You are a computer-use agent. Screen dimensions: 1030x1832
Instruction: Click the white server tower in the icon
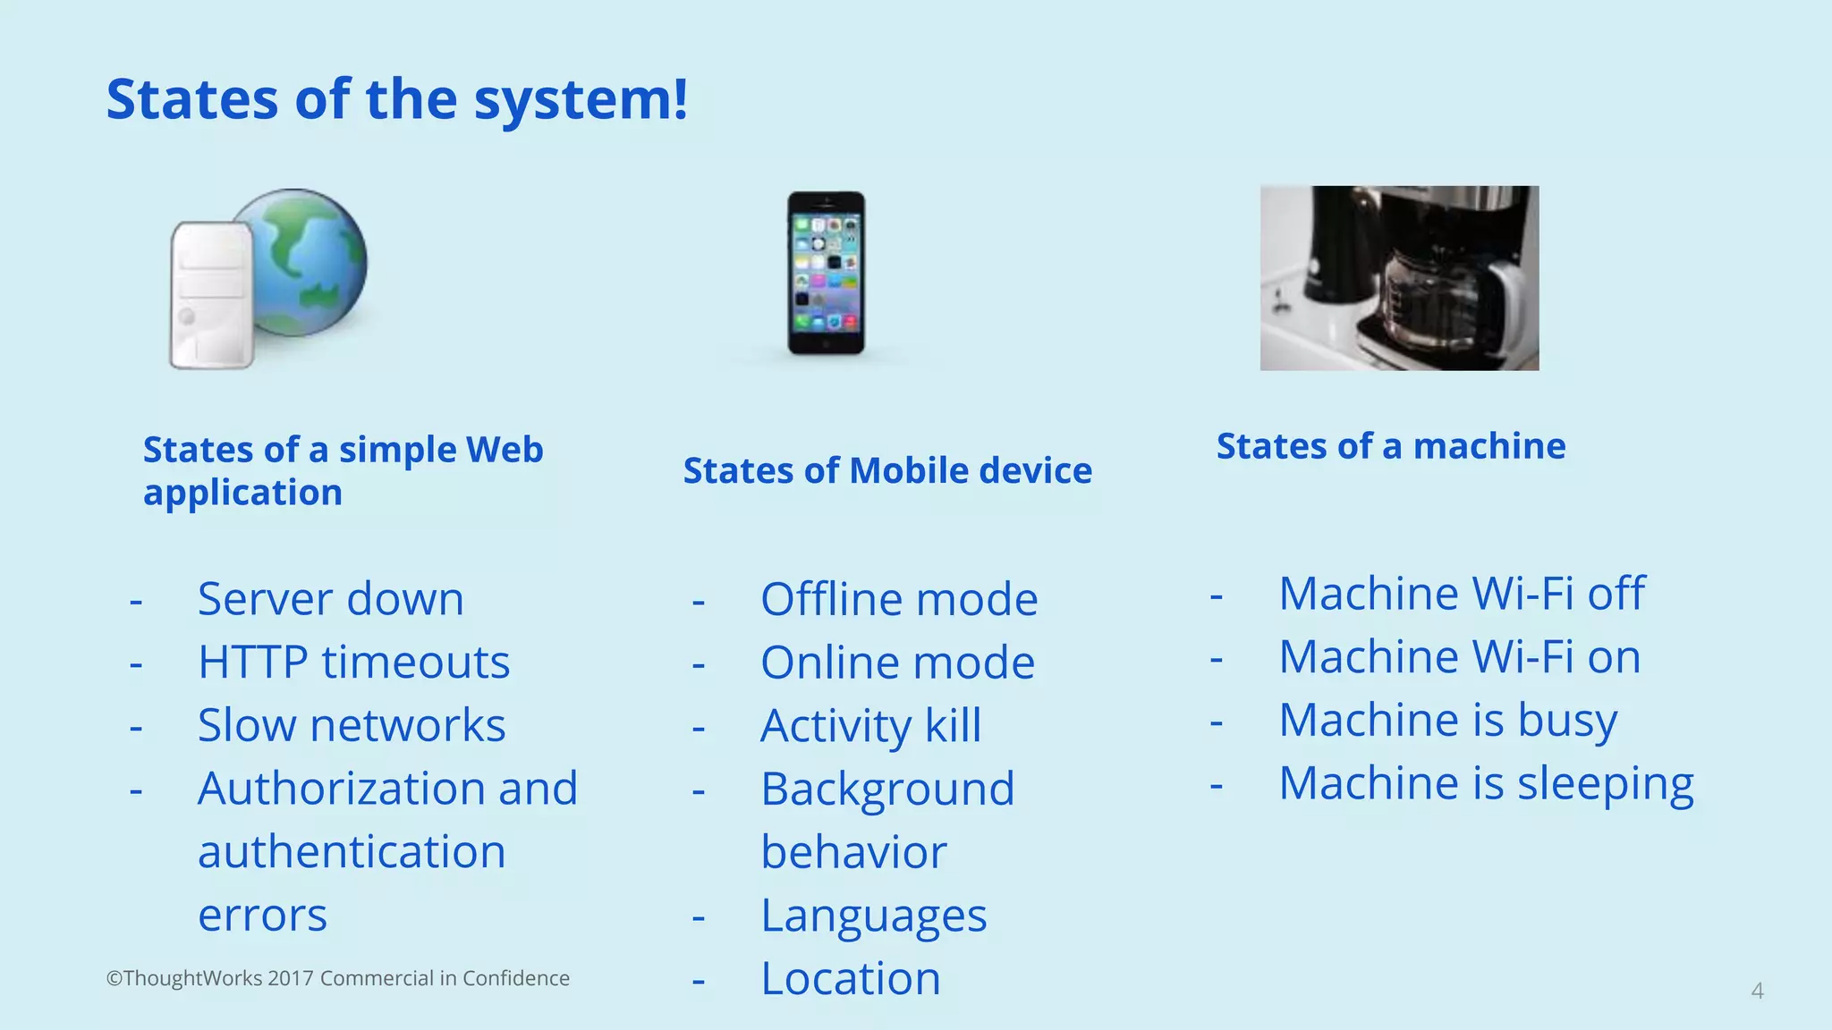(210, 295)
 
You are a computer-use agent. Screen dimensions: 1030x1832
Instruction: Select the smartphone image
(826, 273)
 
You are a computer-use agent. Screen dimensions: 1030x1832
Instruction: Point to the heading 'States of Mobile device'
(887, 470)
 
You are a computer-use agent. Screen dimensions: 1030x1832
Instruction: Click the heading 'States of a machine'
(1391, 445)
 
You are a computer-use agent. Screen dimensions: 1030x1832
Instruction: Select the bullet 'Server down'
(330, 598)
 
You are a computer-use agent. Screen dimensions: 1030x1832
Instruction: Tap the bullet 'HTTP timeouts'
(353, 662)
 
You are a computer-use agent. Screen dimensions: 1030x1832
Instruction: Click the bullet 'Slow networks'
(352, 724)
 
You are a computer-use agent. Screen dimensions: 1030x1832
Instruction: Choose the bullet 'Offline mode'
(898, 599)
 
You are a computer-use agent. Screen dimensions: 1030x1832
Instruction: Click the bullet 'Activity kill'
(870, 725)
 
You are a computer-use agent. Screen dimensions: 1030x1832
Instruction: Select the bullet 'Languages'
(873, 916)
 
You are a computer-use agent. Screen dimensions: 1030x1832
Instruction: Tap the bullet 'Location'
(850, 978)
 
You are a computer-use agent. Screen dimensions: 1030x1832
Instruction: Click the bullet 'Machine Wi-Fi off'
(1462, 593)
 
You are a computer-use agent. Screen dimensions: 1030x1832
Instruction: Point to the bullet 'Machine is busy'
(1447, 720)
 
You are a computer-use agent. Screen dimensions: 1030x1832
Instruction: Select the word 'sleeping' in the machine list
(1605, 784)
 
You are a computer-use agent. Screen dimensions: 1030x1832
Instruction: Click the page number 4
(1757, 991)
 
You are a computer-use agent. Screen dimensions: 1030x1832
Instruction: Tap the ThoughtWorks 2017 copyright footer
(337, 978)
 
